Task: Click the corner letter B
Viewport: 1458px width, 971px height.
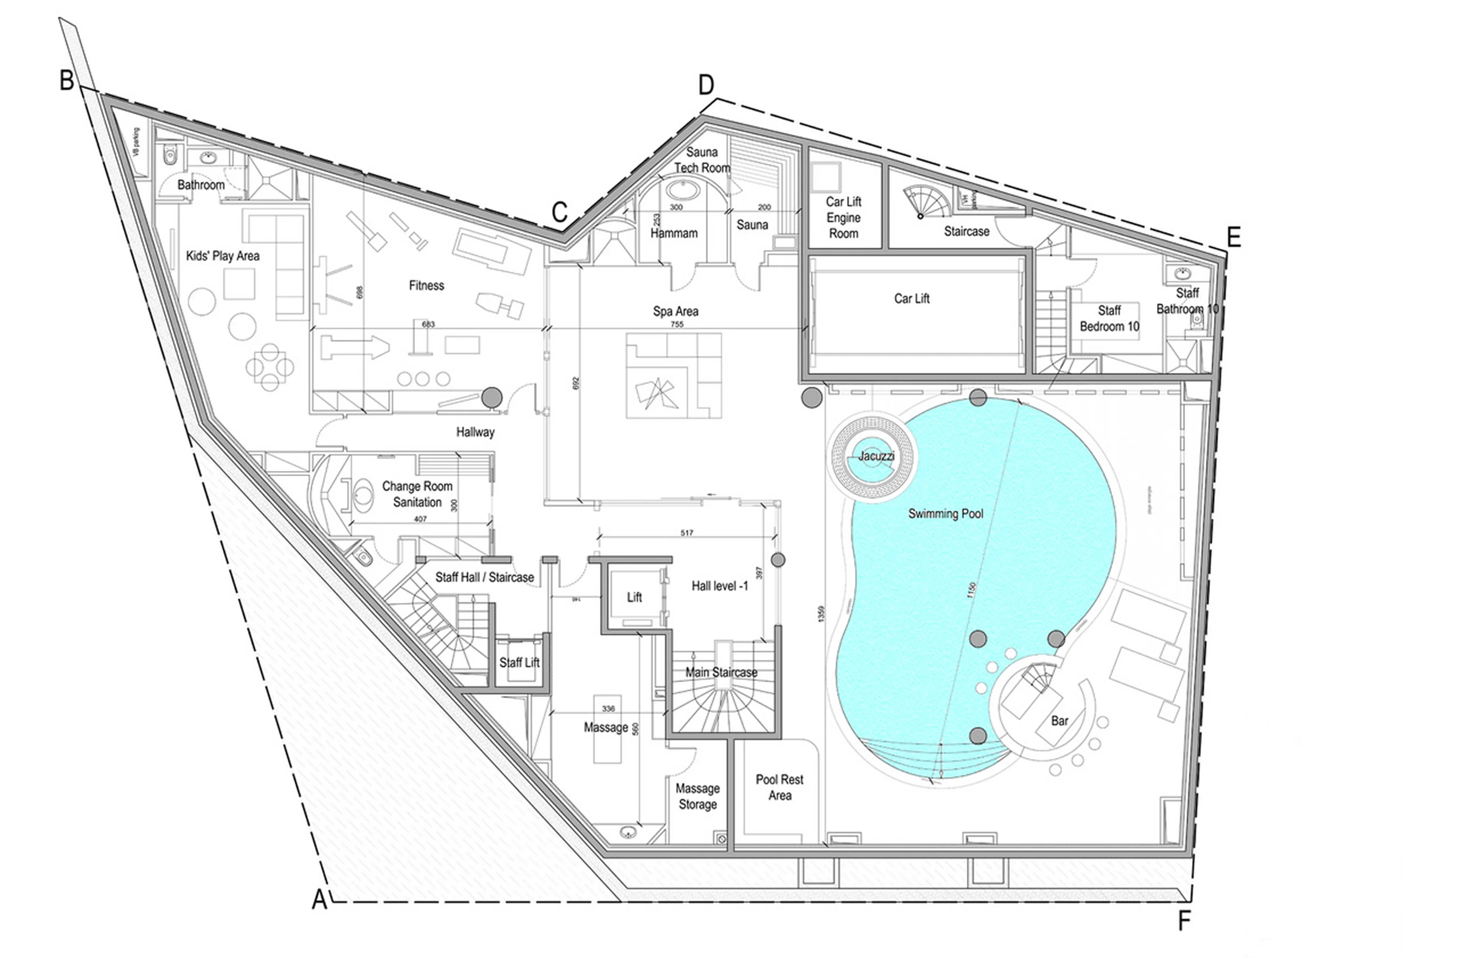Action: [66, 80]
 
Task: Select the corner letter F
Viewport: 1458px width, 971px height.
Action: [1183, 921]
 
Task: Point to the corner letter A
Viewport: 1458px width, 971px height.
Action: [319, 900]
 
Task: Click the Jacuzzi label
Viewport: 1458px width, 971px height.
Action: [876, 456]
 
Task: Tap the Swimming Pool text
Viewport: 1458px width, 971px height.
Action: [945, 513]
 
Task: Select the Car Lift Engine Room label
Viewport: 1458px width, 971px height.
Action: [843, 217]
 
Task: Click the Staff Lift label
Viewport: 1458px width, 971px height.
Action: [519, 663]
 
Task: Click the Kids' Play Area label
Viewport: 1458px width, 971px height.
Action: [222, 256]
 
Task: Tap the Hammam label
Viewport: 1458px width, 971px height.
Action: [674, 233]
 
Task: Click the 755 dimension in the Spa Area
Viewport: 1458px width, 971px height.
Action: [677, 324]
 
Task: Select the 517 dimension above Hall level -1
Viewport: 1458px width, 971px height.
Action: [686, 533]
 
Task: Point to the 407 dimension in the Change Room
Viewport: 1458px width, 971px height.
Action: [420, 519]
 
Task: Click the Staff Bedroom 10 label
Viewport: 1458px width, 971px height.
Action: [1109, 318]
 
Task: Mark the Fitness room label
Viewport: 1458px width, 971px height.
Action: [426, 285]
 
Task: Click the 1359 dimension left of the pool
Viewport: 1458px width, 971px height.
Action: [821, 614]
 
